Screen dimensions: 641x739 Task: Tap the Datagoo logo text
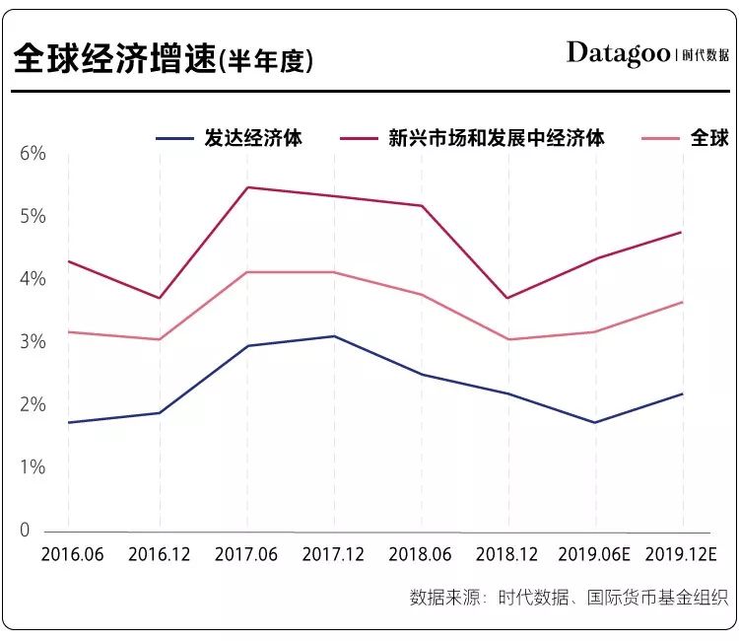tap(618, 53)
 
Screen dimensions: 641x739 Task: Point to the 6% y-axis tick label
tap(33, 154)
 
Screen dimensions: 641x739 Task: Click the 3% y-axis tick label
tap(33, 342)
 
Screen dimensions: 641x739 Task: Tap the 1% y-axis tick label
tap(33, 467)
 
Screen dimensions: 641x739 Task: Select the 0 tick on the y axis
tap(26, 531)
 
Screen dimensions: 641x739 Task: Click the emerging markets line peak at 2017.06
tap(245, 187)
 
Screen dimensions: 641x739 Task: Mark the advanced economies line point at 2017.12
tap(334, 336)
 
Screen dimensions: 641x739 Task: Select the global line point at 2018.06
tap(422, 295)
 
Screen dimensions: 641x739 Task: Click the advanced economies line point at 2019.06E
tap(596, 422)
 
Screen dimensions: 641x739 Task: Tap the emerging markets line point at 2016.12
tap(158, 298)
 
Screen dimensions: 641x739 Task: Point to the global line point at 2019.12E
tap(683, 302)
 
